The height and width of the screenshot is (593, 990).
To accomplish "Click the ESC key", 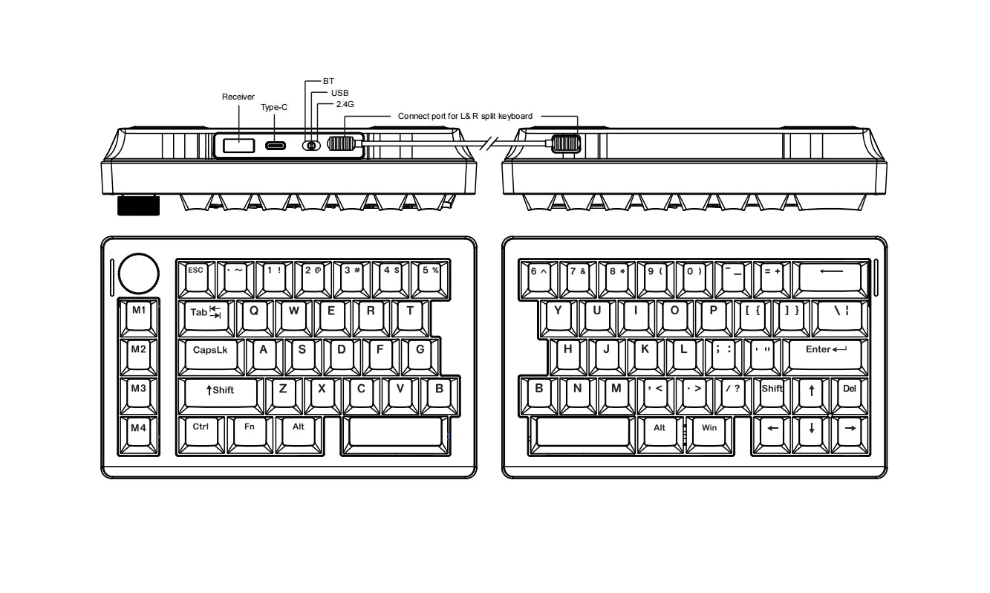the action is pyautogui.click(x=196, y=279).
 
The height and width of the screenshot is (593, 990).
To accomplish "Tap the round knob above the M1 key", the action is pyautogui.click(x=139, y=273).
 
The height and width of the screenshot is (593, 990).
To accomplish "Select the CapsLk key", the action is pyautogui.click(x=211, y=357).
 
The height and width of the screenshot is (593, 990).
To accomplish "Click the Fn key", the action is pyautogui.click(x=250, y=435).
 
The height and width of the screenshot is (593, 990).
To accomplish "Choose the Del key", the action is pyautogui.click(x=850, y=396).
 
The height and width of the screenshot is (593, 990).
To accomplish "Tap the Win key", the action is pyautogui.click(x=709, y=435).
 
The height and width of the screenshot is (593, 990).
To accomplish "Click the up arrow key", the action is pyautogui.click(x=811, y=396).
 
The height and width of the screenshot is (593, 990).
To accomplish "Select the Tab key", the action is pyautogui.click(x=206, y=318).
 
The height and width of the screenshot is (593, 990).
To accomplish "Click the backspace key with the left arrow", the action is pyautogui.click(x=831, y=279).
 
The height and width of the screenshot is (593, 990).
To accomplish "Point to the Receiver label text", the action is pyautogui.click(x=238, y=97).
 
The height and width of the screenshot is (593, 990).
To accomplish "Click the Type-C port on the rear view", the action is pyautogui.click(x=276, y=146).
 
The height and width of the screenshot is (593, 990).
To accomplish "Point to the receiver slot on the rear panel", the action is pyautogui.click(x=238, y=146).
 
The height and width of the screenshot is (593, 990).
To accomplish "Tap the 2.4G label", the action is pyautogui.click(x=345, y=104).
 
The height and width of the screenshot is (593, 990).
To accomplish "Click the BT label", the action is pyautogui.click(x=328, y=81).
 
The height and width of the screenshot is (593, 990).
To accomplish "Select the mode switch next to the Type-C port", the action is pyautogui.click(x=311, y=146).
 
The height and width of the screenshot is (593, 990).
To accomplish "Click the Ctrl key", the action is pyautogui.click(x=201, y=435).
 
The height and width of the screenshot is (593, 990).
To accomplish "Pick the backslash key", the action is pyautogui.click(x=841, y=318).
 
